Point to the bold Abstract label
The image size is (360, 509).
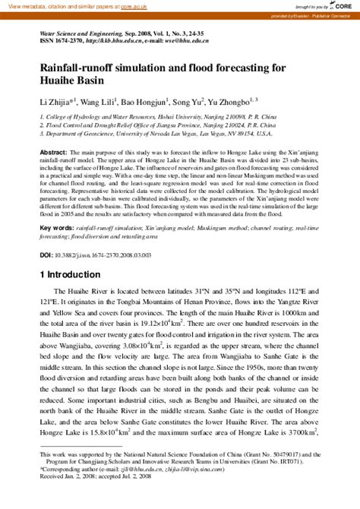[52, 153]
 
